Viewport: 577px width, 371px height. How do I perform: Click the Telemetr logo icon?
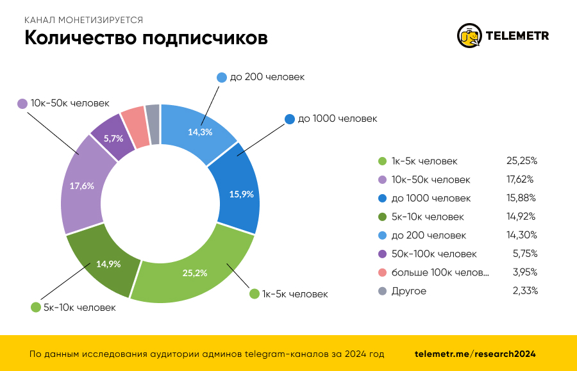tap(469, 36)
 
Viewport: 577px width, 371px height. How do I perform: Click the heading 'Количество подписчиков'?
tap(146, 38)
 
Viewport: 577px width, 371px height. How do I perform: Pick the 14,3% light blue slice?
tap(200, 132)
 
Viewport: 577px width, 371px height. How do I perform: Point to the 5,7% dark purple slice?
tap(113, 138)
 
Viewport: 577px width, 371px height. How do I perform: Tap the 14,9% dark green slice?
tap(108, 263)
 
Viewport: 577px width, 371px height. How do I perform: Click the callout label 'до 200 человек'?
tap(267, 77)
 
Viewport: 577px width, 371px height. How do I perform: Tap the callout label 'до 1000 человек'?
tap(337, 119)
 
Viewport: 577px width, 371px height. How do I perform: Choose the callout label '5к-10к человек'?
tap(79, 308)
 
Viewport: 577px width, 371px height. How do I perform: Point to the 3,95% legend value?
tap(524, 272)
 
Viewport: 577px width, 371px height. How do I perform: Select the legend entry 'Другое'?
tap(408, 291)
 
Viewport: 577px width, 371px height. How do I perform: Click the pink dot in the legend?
tap(382, 272)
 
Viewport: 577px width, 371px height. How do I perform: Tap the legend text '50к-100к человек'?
tap(434, 254)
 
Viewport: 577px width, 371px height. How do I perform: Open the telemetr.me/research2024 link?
tap(475, 354)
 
